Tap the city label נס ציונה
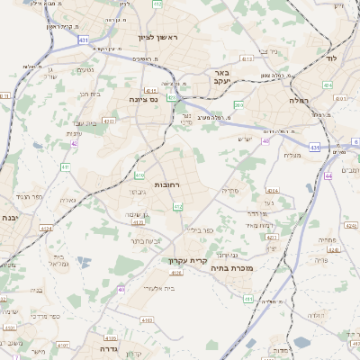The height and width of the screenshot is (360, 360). coord(143,99)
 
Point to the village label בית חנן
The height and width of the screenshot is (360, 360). coord(88,93)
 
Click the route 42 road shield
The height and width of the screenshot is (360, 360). coord(75,143)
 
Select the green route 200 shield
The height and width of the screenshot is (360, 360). coord(238,105)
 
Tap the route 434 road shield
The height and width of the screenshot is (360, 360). coord(328,85)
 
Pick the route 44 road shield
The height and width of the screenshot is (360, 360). coord(329,176)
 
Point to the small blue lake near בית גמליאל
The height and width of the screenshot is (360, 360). coord(83,262)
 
